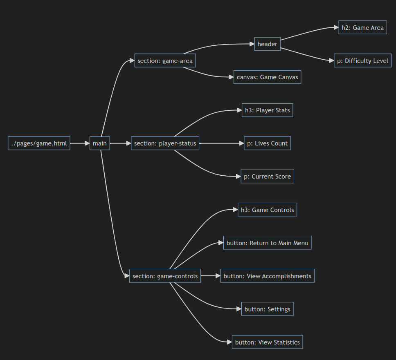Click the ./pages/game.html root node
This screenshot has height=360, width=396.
39,143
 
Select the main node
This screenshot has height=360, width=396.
100,143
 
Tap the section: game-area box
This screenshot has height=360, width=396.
165,61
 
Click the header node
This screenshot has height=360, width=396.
268,44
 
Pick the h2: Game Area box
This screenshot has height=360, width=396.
362,28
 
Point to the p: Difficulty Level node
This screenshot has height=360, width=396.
362,61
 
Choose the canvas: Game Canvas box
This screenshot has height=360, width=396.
267,77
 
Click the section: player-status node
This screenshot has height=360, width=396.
165,143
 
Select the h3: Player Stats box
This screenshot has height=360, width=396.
267,110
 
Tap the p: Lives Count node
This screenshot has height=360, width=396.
267,143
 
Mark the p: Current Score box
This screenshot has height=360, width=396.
267,177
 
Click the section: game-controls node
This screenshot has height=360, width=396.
165,276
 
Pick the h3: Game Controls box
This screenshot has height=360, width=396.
267,210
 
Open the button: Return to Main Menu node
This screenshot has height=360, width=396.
267,243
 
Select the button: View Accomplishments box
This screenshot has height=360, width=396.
267,276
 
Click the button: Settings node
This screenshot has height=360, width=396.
267,309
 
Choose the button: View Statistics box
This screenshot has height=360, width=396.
267,342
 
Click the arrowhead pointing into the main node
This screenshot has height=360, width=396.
87,143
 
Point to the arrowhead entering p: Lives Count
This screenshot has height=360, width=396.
241,143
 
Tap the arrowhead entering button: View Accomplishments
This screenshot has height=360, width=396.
218,276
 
